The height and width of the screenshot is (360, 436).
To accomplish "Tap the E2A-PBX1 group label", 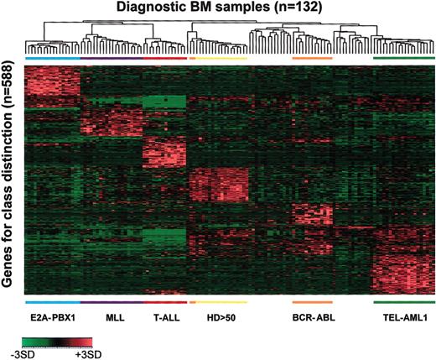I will tap(52, 319).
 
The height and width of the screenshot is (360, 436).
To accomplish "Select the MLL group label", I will tap(112, 319).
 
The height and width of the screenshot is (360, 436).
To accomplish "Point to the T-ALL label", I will tap(164, 319).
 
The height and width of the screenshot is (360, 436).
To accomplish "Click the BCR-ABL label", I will tap(312, 319).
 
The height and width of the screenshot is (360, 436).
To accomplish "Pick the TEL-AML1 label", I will tap(403, 319).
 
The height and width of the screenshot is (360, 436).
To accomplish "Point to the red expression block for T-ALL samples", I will tap(164, 152).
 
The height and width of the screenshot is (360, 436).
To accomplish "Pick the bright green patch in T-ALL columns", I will tap(164, 103).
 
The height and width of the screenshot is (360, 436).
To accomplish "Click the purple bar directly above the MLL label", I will tap(112, 301).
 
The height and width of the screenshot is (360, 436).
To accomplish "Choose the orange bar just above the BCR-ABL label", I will tap(312, 301).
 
